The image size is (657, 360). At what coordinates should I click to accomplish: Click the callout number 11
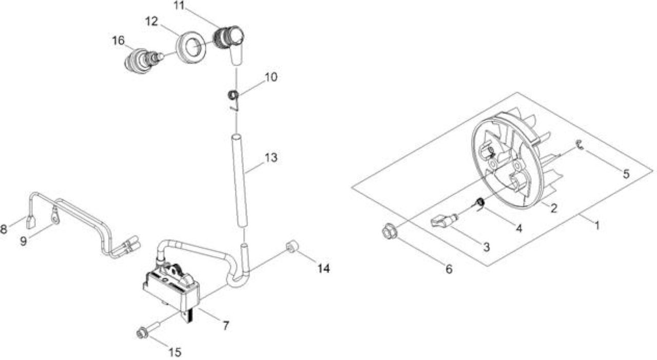[179, 6]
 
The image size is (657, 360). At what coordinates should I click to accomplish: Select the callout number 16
[118, 41]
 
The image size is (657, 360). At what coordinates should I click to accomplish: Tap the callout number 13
[271, 158]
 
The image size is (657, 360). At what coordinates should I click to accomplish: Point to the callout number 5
[626, 174]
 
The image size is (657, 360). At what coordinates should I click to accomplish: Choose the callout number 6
[449, 269]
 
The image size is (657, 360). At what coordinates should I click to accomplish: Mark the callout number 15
[175, 352]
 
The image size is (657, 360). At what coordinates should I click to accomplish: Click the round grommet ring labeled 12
[191, 47]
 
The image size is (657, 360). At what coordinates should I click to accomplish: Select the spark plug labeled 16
[144, 61]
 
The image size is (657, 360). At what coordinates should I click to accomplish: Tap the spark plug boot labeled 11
[230, 44]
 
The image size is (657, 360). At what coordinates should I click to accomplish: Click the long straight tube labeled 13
[240, 180]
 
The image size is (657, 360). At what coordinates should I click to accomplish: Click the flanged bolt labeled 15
[148, 329]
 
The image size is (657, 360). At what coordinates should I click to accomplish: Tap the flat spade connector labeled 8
[31, 222]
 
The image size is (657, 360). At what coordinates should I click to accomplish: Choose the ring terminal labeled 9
[55, 216]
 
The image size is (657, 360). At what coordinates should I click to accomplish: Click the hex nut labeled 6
[390, 231]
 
